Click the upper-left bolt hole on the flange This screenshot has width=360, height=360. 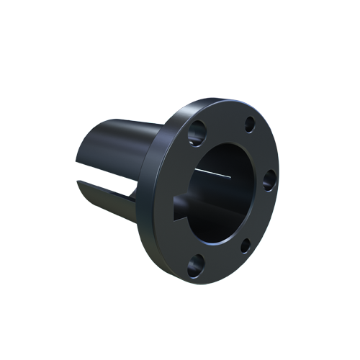tap(196, 133)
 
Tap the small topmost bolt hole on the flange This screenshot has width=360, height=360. tap(249, 124)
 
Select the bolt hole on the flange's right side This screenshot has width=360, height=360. tap(269, 179)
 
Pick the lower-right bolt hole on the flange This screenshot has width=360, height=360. tap(246, 245)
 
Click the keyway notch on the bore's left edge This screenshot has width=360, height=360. tap(181, 202)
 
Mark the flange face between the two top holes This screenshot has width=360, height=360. tap(223, 122)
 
